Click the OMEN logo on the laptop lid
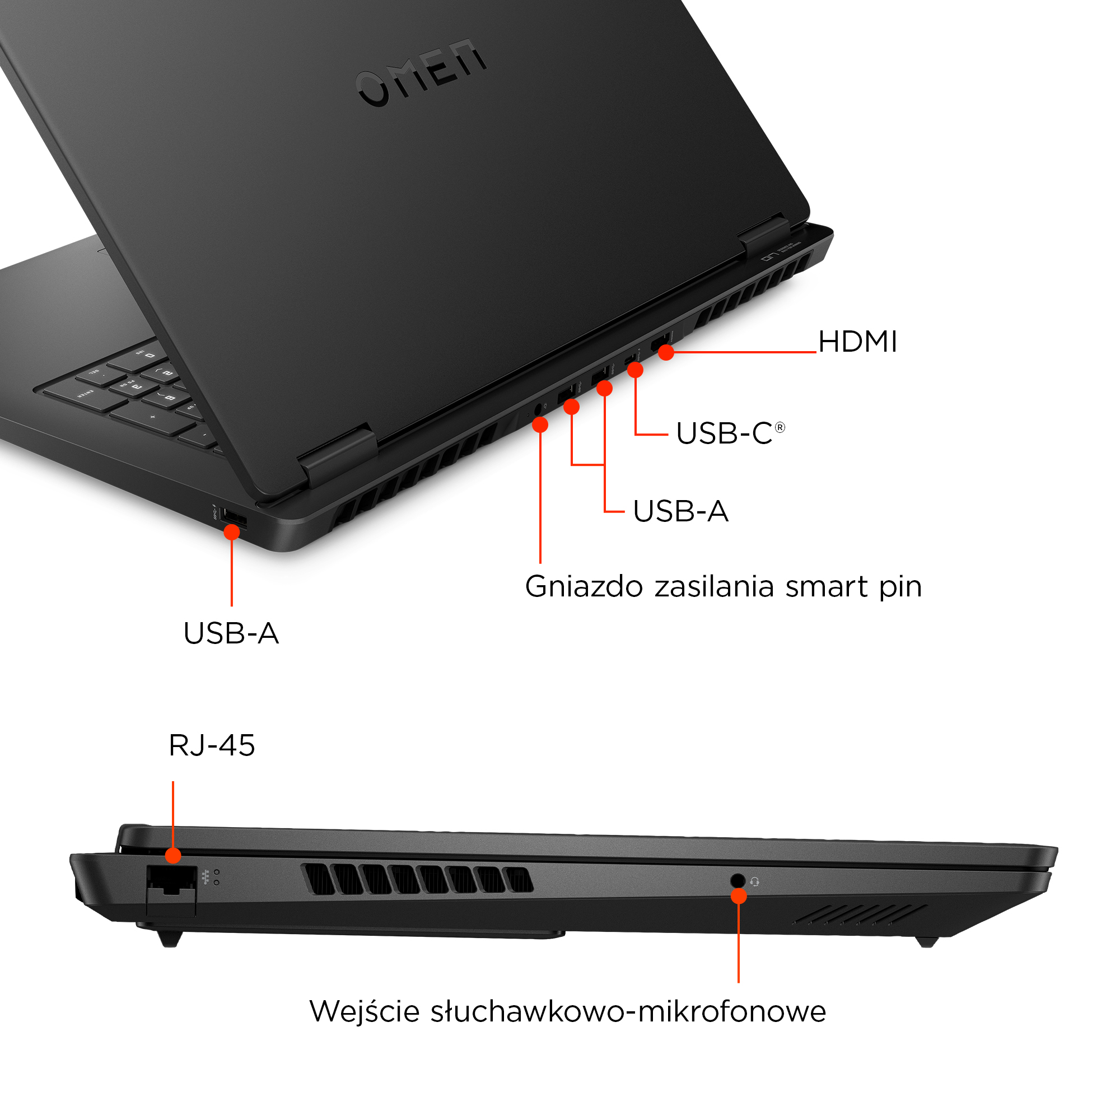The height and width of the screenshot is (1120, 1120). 422,73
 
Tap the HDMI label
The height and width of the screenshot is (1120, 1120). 857,342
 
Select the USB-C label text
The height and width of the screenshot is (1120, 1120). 724,433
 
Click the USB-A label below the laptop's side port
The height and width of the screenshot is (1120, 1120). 231,633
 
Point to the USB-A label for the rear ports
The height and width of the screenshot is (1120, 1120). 680,511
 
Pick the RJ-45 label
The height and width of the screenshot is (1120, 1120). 212,745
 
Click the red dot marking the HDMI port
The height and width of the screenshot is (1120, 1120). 666,352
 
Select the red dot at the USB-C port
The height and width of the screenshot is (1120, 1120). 636,370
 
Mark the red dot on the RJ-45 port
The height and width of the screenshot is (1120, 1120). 172,856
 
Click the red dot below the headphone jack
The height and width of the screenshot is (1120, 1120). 739,896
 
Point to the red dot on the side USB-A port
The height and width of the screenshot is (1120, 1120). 231,531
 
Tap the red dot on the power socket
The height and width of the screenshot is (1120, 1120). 540,425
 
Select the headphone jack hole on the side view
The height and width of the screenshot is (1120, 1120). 738,880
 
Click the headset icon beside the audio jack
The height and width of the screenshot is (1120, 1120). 755,882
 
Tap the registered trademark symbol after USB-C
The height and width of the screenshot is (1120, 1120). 780,428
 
